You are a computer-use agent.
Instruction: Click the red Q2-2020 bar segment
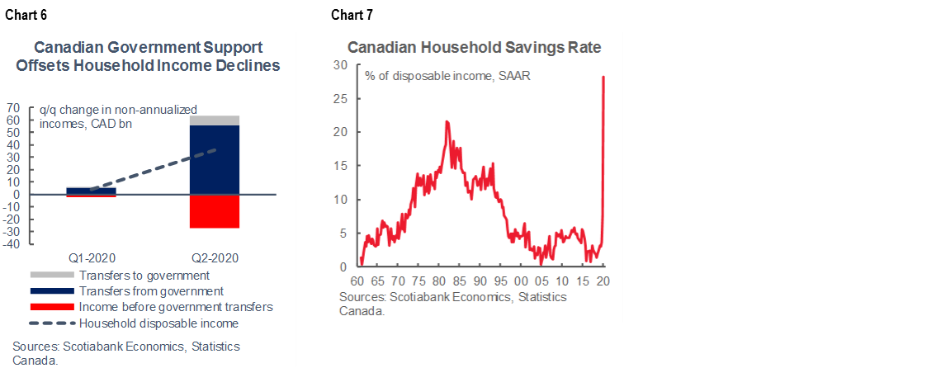[215, 211]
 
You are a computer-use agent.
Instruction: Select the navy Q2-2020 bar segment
[215, 160]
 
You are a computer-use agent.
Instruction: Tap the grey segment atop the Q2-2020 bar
[215, 120]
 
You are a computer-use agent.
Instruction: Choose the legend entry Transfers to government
[144, 275]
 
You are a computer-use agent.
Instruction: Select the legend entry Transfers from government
[151, 290]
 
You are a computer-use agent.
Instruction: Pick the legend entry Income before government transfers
[176, 307]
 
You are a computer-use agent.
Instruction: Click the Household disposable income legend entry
[158, 323]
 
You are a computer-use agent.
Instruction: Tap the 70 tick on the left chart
[13, 107]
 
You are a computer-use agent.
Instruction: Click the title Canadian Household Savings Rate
[474, 47]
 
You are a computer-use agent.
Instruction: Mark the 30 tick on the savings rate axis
[340, 64]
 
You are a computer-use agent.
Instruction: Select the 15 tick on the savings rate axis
[340, 166]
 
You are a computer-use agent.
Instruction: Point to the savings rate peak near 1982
[447, 121]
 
